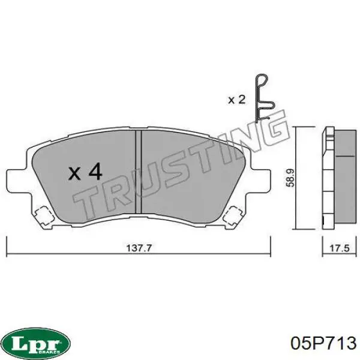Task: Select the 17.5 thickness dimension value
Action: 334,247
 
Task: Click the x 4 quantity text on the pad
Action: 85,173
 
